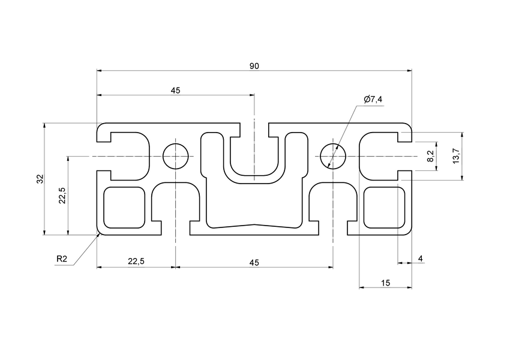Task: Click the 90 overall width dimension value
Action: pos(254,66)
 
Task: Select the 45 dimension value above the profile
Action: pos(175,91)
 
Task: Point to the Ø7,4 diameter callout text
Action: pos(373,100)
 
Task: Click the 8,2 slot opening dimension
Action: pos(430,157)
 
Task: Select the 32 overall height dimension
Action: pos(40,179)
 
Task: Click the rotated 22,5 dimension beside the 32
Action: pos(62,196)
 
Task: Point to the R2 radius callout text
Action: pos(62,259)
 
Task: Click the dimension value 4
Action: pos(421,259)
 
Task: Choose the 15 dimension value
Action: pos(385,283)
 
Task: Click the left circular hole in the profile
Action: pos(175,156)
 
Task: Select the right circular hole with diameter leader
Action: pos(333,156)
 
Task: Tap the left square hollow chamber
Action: pos(125,208)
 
